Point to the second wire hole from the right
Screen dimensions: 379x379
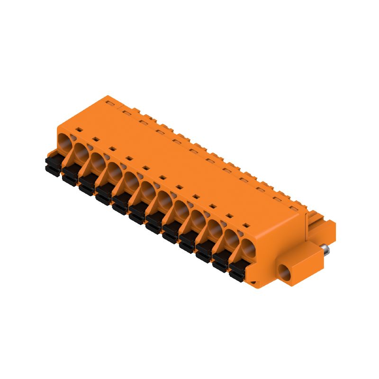click(230, 238)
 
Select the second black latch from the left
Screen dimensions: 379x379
click(70, 173)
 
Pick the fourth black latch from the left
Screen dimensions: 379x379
click(104, 193)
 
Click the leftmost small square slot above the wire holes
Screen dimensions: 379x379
click(80, 128)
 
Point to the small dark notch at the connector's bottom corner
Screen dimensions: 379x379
click(256, 283)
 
